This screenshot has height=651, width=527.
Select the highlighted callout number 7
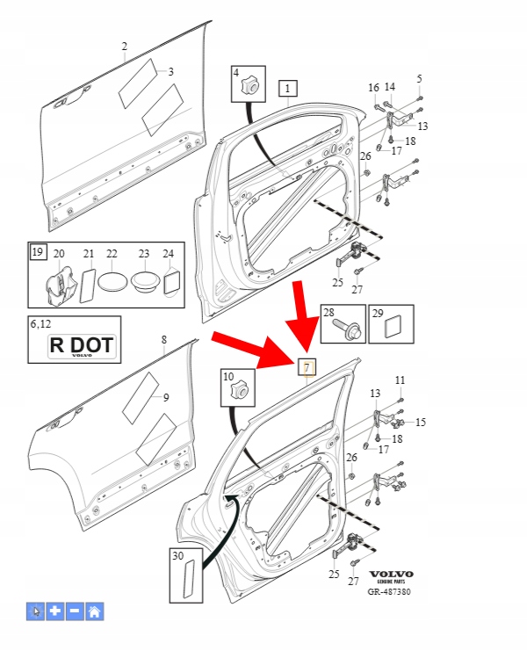click(307, 368)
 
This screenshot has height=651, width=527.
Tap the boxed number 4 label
click(237, 74)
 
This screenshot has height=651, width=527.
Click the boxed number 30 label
click(178, 555)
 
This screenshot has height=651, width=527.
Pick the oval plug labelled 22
click(112, 283)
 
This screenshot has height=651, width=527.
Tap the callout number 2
click(125, 46)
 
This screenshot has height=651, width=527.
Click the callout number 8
click(162, 339)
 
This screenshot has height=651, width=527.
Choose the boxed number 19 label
click(37, 253)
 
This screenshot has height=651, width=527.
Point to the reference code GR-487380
click(388, 592)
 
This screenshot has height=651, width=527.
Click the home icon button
click(94, 611)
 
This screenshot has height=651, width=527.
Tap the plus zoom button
click(55, 611)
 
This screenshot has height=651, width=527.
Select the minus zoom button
click(75, 611)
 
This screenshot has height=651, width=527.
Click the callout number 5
click(419, 79)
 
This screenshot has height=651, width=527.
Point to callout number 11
click(400, 380)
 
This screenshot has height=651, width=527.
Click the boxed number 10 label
click(227, 377)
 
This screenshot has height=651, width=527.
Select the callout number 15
click(421, 423)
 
